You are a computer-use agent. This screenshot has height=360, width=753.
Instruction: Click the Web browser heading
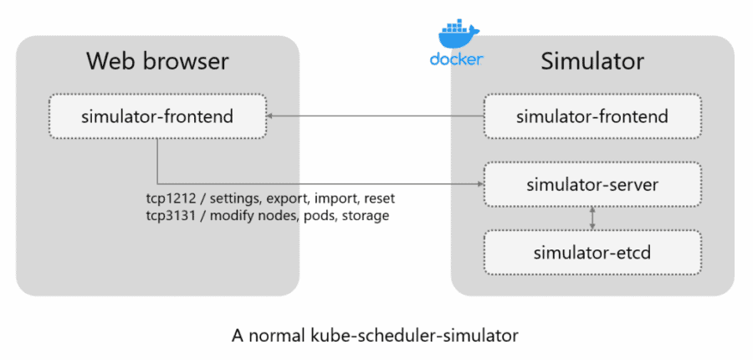(157, 62)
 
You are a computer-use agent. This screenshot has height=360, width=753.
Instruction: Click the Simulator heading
(592, 62)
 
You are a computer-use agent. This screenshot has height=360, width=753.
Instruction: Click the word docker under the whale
(456, 59)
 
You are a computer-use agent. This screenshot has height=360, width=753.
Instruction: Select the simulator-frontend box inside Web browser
(157, 116)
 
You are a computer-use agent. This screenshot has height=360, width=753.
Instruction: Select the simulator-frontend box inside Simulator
(592, 116)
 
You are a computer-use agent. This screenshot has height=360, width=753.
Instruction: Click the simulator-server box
(592, 183)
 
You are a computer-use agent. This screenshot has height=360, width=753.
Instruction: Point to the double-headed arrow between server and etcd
(592, 217)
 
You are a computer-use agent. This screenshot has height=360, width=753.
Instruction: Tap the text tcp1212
(169, 199)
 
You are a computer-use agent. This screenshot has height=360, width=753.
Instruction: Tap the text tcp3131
(169, 215)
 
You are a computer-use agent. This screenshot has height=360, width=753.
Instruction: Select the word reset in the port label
(376, 199)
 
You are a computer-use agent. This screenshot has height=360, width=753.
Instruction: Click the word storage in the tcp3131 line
(364, 215)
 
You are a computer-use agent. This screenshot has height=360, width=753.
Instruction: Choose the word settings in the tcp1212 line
(233, 199)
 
